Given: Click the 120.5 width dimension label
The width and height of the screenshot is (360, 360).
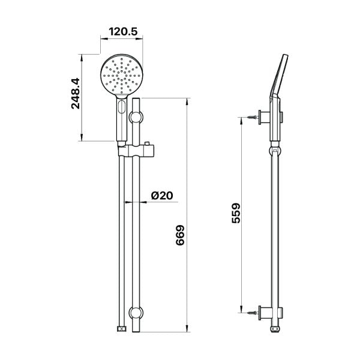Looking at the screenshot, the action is (123, 32).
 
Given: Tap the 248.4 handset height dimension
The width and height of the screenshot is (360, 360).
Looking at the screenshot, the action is (76, 93).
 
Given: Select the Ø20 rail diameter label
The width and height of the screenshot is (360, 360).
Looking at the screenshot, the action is (162, 196).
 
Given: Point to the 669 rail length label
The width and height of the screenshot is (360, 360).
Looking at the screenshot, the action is (180, 235).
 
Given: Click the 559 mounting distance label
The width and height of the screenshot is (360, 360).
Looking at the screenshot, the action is (236, 213).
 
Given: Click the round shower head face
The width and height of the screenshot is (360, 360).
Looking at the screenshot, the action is (121, 75).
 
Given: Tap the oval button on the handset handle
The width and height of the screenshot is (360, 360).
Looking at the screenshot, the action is (121, 107).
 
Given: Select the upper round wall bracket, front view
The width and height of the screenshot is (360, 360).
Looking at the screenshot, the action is (136, 117).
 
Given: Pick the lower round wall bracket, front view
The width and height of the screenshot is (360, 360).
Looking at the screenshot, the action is (136, 313).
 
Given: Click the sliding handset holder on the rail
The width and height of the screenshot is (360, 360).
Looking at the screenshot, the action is (136, 151).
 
